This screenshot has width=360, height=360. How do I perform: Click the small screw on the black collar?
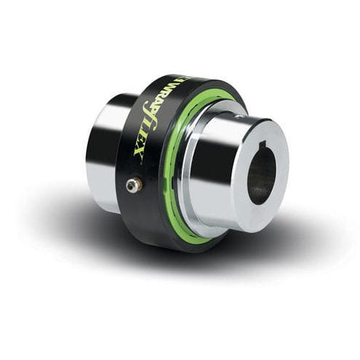tap(132, 186)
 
